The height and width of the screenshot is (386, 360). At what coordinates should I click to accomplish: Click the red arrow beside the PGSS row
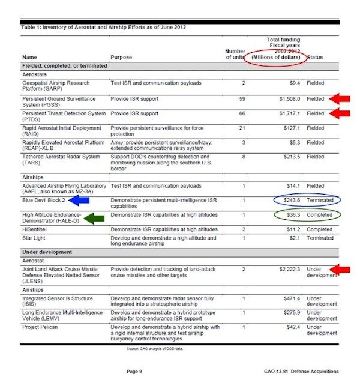pyautogui.click(x=339, y=98)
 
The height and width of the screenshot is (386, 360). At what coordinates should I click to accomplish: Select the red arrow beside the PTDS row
pyautogui.click(x=339, y=113)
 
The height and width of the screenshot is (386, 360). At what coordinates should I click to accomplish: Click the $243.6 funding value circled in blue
pyautogui.click(x=292, y=199)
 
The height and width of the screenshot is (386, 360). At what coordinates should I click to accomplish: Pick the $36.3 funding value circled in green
pyautogui.click(x=292, y=214)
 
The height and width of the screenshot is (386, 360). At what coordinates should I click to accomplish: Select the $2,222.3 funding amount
pyautogui.click(x=288, y=270)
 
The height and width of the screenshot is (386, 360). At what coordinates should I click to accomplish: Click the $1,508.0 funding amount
pyautogui.click(x=288, y=98)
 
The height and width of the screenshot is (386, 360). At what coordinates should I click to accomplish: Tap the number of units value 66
pyautogui.click(x=242, y=113)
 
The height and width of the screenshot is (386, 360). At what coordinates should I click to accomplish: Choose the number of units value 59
pyautogui.click(x=242, y=98)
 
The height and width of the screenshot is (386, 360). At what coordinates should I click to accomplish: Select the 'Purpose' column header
pyautogui.click(x=122, y=58)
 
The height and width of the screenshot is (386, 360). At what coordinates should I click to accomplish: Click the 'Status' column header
pyautogui.click(x=316, y=58)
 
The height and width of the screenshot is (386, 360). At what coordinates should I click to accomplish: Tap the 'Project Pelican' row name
pyautogui.click(x=40, y=327)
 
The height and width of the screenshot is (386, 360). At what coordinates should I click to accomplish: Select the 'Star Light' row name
pyautogui.click(x=34, y=238)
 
